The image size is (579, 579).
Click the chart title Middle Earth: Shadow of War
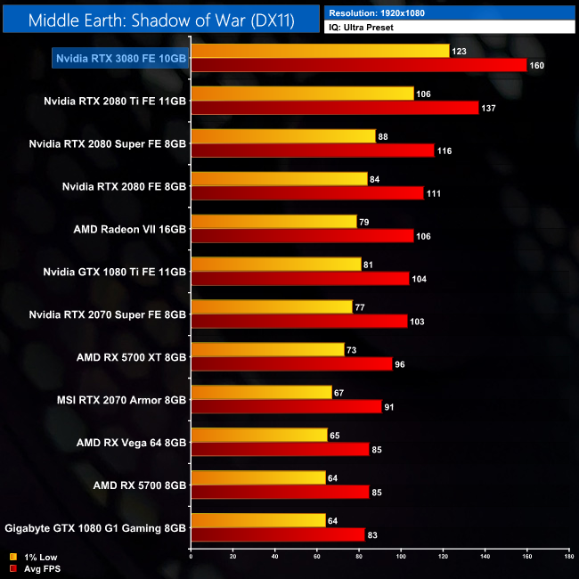[x=162, y=20]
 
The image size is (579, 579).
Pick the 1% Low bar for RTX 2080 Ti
[x=302, y=94]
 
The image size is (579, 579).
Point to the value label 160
[x=536, y=66]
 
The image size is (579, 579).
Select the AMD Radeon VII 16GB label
[x=130, y=229]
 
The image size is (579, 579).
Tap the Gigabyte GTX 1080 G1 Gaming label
[x=96, y=528]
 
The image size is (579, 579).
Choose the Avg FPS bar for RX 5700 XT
[x=291, y=364]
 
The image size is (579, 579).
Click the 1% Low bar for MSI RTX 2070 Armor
[x=261, y=393]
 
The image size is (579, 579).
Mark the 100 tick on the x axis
[x=401, y=557]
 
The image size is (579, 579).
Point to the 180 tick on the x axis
[x=568, y=557]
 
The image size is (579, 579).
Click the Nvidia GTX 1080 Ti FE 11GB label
[x=115, y=272]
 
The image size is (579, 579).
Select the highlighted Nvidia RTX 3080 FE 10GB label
[x=121, y=58]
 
